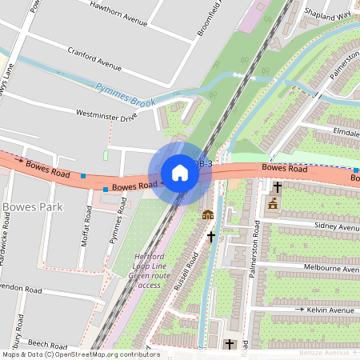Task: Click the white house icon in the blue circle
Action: (x=180, y=172)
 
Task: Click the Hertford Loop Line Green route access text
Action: (x=149, y=270)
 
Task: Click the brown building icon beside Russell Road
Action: (x=208, y=214)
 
